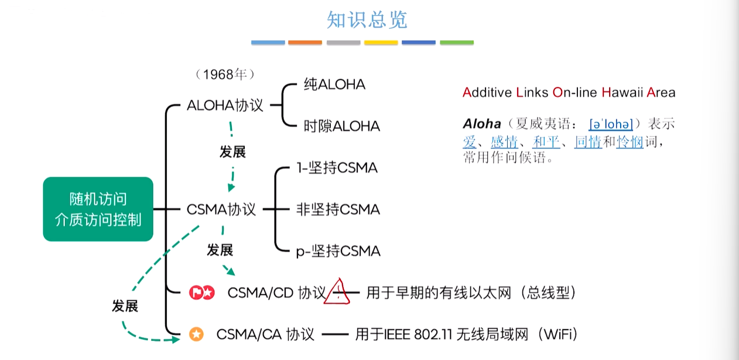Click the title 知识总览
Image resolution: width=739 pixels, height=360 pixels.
(367, 20)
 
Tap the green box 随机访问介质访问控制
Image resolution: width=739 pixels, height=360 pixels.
(98, 209)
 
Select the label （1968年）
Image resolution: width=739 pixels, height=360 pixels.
(225, 74)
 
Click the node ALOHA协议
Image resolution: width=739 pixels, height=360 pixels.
(225, 105)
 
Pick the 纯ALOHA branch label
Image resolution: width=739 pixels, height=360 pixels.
(334, 84)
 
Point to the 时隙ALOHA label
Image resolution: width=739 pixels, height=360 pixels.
(342, 126)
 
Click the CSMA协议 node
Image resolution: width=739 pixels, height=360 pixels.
(221, 210)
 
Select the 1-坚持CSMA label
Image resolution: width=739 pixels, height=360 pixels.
(337, 168)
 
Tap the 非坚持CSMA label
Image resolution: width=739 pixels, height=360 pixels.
(338, 210)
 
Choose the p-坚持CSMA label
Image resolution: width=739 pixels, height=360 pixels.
(338, 251)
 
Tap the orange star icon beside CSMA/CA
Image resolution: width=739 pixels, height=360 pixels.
(196, 334)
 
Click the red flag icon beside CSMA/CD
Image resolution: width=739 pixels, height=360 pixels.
(196, 293)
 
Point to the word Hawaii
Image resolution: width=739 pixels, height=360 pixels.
(622, 92)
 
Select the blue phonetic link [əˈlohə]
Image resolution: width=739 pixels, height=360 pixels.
(611, 124)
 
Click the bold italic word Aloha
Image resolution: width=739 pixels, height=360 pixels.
(482, 124)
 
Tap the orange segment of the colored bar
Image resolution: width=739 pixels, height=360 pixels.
(305, 43)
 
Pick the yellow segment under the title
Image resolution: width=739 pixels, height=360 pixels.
(381, 43)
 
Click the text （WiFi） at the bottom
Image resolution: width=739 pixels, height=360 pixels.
(557, 334)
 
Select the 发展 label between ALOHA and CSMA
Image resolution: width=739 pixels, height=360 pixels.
(232, 152)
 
